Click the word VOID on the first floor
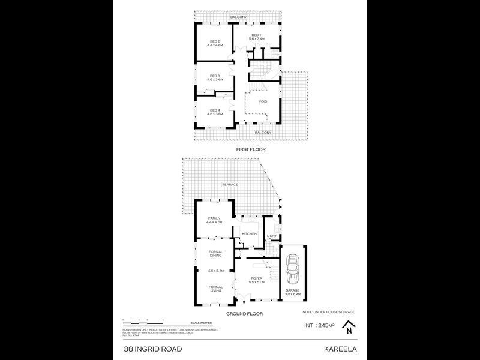point(263,101)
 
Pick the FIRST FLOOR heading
point(251,149)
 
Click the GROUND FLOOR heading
point(242,314)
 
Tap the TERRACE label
point(231,185)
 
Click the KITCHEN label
point(250,233)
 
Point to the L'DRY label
point(271,236)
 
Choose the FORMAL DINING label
point(215,253)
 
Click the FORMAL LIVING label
point(215,288)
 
